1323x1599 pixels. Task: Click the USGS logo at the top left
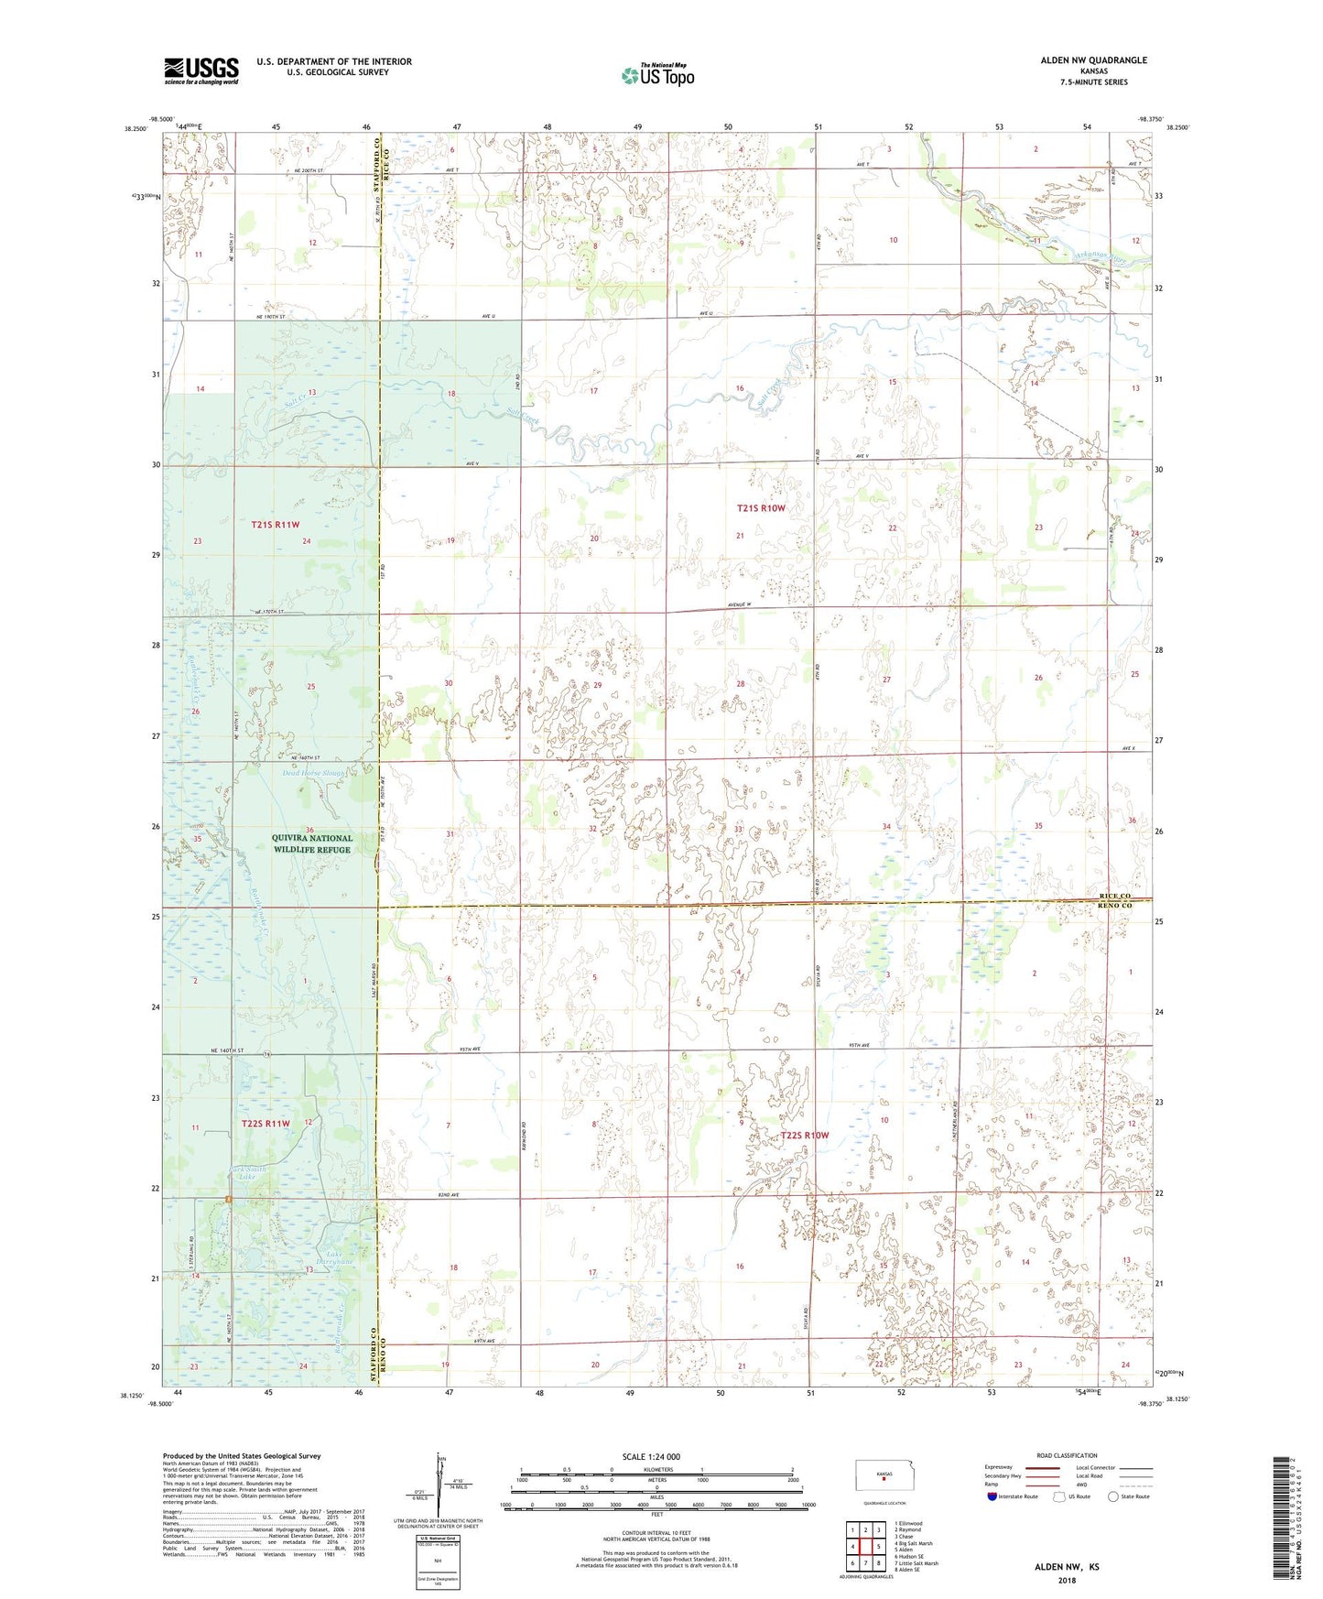coord(201,71)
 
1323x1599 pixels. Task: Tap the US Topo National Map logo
coord(656,75)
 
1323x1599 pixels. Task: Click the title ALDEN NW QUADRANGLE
coord(1093,60)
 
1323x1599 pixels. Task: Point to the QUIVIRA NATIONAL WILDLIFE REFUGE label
coord(311,843)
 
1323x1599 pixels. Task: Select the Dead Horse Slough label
coord(314,773)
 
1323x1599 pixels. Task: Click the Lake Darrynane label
coord(327,1258)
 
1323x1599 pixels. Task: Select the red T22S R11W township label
coord(266,1123)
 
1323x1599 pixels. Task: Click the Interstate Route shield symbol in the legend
coord(992,1496)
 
